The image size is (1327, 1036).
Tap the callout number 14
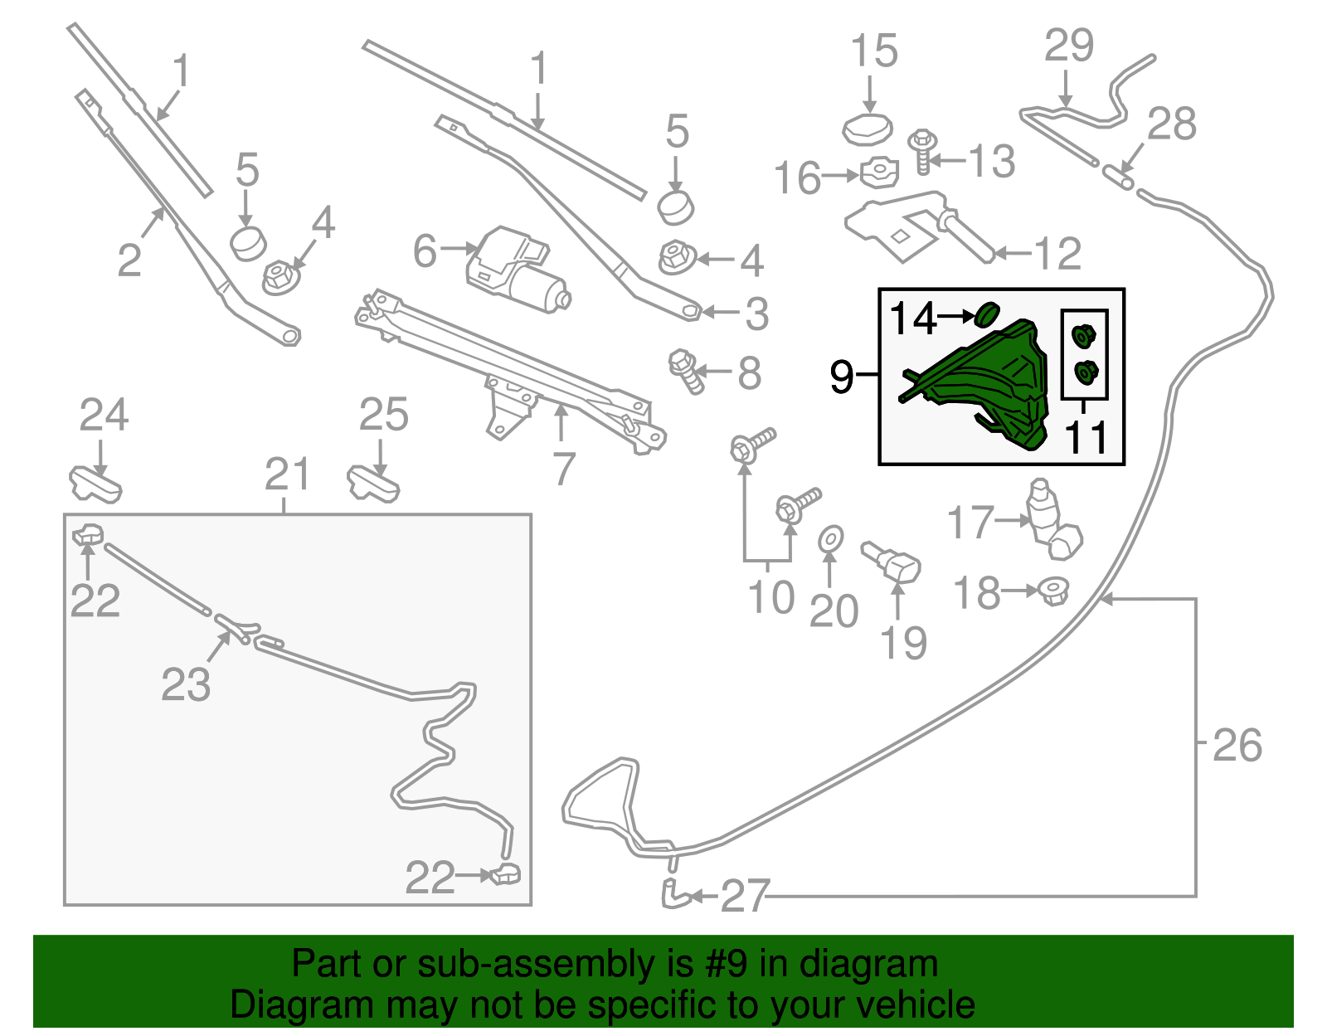913,318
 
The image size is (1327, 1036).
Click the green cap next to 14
987,314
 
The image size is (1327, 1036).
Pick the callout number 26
1237,745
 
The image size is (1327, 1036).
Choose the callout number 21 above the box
287,474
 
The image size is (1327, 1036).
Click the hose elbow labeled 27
673,894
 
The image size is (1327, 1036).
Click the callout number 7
564,469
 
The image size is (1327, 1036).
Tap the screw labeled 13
921,151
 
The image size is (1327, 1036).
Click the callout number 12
1058,254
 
